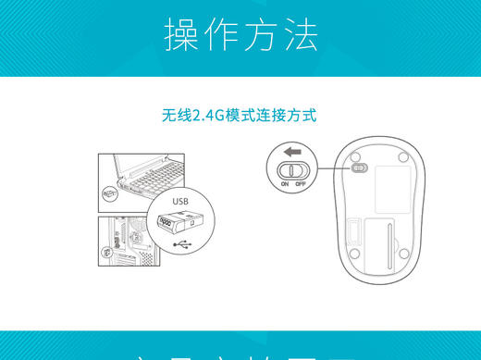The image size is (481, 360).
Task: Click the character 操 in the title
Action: click(182, 35)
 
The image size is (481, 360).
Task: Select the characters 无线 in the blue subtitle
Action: click(176, 116)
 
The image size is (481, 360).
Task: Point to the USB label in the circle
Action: click(179, 200)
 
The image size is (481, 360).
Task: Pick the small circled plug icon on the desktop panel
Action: click(109, 245)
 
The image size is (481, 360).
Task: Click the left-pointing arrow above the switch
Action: click(293, 152)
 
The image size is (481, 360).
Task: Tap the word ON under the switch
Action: click(285, 184)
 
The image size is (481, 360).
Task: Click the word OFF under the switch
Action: click(301, 184)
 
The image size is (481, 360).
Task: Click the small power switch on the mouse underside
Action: click(359, 168)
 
